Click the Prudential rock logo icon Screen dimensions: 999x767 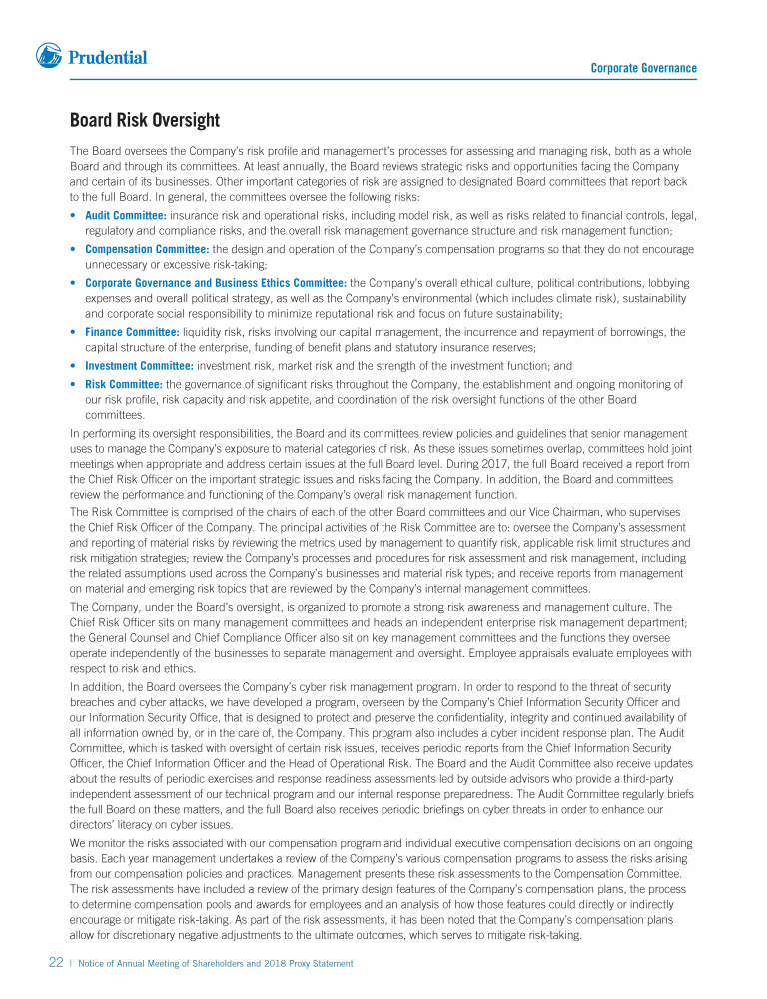click(x=49, y=56)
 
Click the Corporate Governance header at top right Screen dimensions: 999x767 click(x=643, y=68)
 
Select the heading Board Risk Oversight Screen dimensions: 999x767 click(x=144, y=121)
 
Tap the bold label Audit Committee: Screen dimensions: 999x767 click(x=126, y=215)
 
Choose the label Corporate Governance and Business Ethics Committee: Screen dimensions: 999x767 click(x=216, y=283)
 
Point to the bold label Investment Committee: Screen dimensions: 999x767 click(x=139, y=366)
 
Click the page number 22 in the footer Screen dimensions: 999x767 click(x=56, y=963)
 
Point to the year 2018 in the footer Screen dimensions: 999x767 click(x=274, y=963)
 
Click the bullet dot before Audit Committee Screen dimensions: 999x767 click(x=75, y=215)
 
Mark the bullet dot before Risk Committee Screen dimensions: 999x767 click(x=75, y=383)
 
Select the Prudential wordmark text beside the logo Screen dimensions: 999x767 click(x=107, y=57)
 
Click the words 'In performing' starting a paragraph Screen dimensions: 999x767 click(x=101, y=434)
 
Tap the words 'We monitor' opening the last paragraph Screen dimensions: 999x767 click(x=98, y=842)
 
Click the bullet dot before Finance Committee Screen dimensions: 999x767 click(x=75, y=332)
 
